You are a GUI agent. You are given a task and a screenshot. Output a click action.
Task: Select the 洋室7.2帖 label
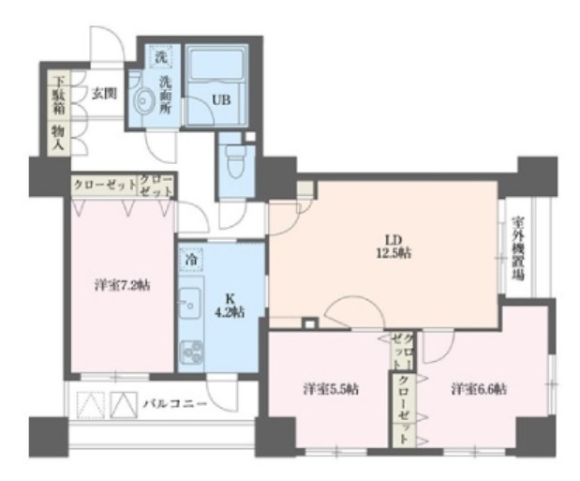(x=121, y=285)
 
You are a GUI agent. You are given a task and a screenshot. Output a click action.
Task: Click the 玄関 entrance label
(x=102, y=93)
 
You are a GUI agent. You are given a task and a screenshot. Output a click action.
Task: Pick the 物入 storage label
(x=58, y=140)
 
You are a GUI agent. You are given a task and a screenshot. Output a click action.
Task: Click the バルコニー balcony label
(x=175, y=404)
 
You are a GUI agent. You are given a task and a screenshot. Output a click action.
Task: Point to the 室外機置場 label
(x=518, y=248)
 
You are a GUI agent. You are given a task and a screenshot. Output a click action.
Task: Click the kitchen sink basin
(x=190, y=304)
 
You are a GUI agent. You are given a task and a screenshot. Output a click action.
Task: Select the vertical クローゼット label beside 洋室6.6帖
(x=403, y=408)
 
